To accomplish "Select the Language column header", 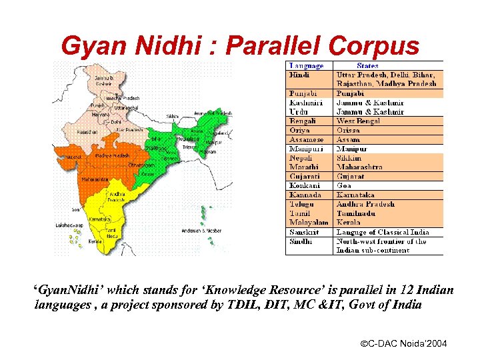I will [306, 66].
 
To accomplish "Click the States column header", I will [367, 66].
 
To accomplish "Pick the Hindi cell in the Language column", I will [299, 75].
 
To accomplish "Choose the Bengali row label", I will [302, 121].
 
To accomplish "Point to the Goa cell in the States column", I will [344, 185].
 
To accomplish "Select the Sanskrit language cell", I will [303, 232].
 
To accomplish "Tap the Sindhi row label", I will [301, 241].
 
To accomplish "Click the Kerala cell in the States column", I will [349, 222].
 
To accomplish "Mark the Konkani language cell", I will [304, 185].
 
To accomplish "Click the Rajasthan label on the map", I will [86, 133].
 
